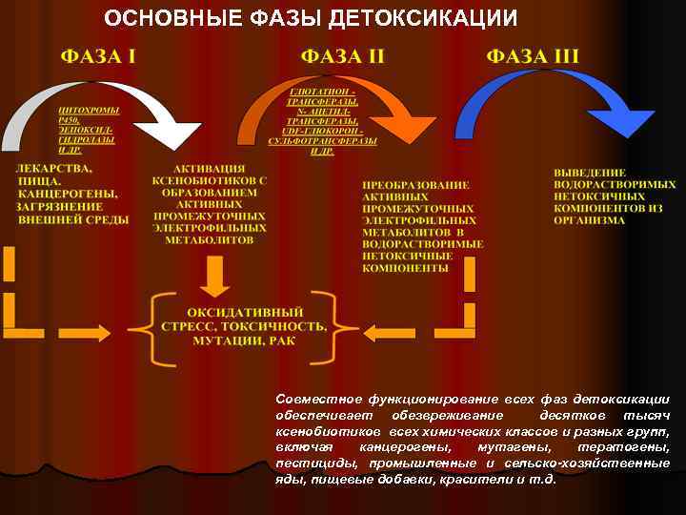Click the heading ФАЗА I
98,55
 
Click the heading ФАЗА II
342,55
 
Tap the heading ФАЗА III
533,55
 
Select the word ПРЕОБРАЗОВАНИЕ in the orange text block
415,183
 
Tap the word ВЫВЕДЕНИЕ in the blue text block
590,171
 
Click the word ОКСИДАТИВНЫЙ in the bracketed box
245,312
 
